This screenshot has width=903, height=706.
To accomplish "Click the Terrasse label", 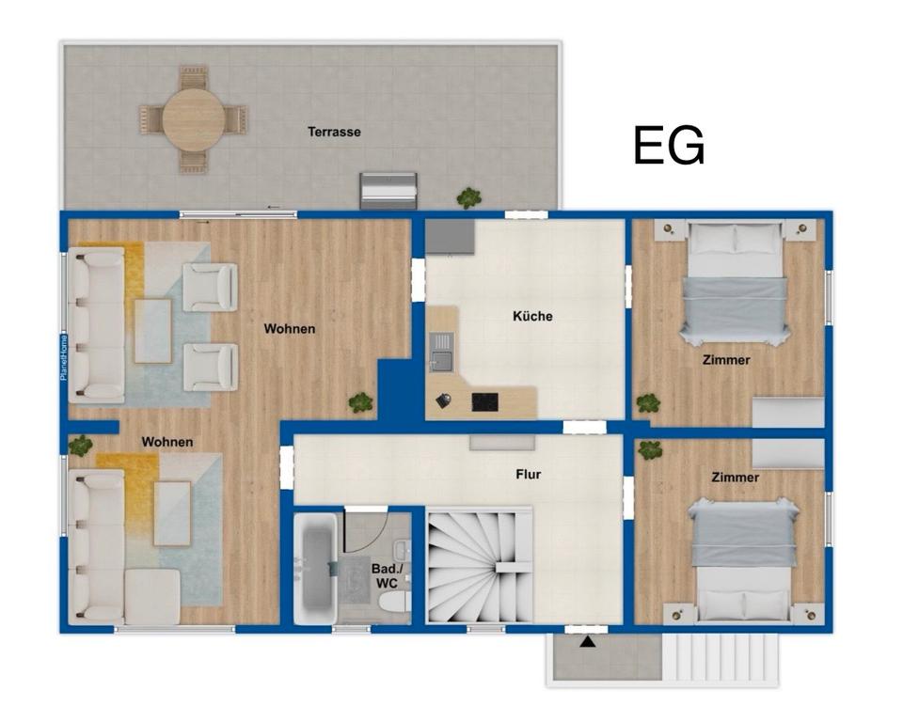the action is click(334, 132).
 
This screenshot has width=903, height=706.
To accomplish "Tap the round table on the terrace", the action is click(193, 119).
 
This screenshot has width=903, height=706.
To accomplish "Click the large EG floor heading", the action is click(669, 146).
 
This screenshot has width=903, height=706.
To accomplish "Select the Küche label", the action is click(532, 316).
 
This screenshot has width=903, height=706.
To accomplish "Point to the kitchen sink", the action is click(442, 352).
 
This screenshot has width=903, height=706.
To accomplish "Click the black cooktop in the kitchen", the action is click(485, 401).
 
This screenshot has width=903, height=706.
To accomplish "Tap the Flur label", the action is click(528, 475).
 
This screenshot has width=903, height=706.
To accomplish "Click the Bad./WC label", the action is click(387, 576).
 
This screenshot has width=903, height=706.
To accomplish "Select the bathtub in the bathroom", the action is click(315, 569).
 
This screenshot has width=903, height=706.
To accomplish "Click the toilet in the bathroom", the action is click(394, 603).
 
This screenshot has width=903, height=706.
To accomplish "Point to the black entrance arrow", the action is click(587, 641).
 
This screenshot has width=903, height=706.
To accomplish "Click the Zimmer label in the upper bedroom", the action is click(726, 360).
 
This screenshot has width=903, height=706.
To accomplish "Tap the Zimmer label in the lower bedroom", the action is click(735, 478).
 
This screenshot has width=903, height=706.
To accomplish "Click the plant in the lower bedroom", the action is click(650, 449).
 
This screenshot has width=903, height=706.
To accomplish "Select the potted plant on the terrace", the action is click(468, 198).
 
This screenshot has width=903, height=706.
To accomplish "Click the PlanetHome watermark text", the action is click(64, 357).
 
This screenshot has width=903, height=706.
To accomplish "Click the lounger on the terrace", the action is click(388, 191).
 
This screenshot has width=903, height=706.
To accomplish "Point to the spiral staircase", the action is click(479, 567).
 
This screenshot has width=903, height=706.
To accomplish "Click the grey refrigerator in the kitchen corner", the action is click(450, 237).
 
